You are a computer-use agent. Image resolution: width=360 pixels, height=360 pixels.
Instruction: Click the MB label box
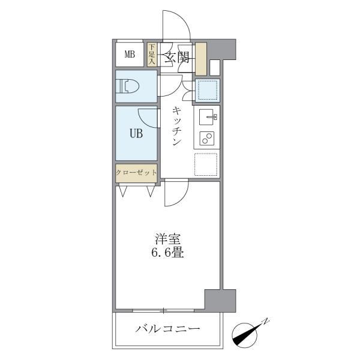click(129, 55)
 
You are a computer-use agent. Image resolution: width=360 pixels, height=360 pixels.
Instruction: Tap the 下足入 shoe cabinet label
click(152, 54)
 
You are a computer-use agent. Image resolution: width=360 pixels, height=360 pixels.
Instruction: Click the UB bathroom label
click(137, 134)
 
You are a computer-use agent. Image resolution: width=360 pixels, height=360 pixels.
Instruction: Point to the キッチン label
click(177, 127)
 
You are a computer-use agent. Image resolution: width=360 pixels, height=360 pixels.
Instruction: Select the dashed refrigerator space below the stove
click(206, 164)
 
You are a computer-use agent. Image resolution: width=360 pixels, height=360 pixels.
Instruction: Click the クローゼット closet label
click(137, 173)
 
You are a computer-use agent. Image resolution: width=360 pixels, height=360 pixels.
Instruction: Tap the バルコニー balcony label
click(168, 329)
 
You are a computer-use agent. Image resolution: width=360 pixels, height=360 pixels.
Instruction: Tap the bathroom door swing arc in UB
click(148, 116)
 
